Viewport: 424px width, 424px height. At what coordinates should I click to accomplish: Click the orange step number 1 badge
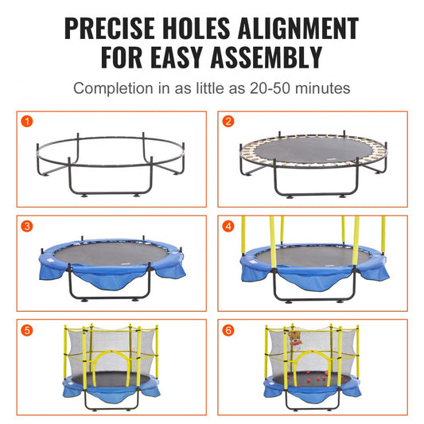tap(27, 122)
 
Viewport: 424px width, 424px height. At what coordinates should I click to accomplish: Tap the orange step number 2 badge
tap(228, 122)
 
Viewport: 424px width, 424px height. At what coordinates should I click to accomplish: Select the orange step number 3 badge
tap(27, 226)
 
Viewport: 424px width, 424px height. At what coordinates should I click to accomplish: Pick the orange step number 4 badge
tap(228, 226)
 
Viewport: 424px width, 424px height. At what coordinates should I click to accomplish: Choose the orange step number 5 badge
tap(27, 329)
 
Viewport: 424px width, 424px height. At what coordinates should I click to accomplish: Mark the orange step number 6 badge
tap(228, 329)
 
